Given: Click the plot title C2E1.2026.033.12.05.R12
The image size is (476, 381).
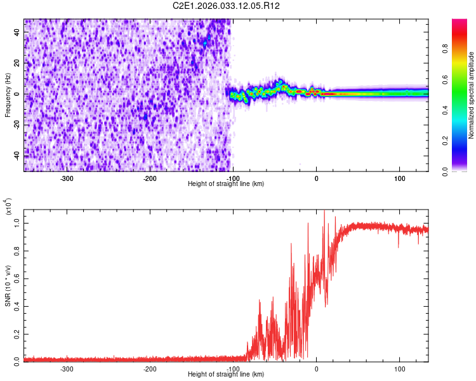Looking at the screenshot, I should click(x=227, y=6).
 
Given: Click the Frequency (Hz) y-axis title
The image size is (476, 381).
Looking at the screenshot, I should click(x=8, y=95).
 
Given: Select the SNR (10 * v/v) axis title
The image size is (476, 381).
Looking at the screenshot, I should click(x=8, y=285).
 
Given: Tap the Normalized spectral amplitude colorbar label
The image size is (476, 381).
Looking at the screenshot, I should click(x=472, y=95).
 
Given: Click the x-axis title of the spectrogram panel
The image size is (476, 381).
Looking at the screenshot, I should click(x=227, y=184).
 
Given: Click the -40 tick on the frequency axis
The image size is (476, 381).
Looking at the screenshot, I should click(x=16, y=156).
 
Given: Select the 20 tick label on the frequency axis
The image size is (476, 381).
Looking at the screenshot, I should click(x=17, y=63).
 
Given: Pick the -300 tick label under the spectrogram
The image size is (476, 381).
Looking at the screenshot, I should click(x=67, y=178).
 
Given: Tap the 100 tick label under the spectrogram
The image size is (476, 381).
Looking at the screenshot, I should click(x=400, y=178).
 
